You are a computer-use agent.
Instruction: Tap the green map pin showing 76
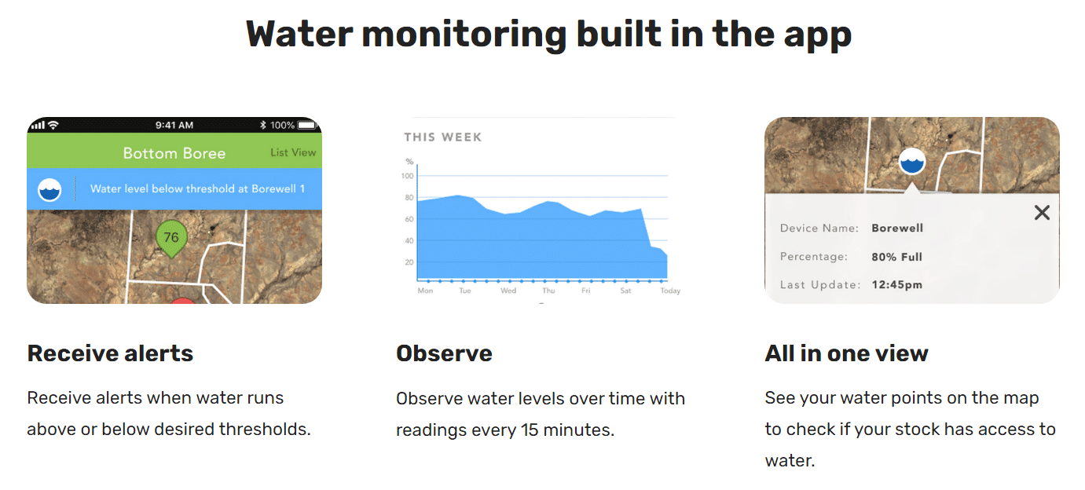tap(171, 238)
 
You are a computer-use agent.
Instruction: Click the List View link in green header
tap(293, 152)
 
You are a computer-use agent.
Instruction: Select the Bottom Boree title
tap(174, 153)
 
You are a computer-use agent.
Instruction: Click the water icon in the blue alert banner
tap(49, 189)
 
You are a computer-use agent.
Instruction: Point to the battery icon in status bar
tap(307, 126)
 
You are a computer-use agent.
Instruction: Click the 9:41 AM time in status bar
tap(174, 126)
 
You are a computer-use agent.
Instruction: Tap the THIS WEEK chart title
tap(443, 137)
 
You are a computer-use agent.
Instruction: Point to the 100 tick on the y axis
tap(407, 176)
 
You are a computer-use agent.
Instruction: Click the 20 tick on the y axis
tap(409, 262)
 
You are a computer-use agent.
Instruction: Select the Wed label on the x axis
tap(508, 291)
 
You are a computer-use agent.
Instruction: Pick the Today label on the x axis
tap(670, 291)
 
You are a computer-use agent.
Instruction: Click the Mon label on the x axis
tap(425, 291)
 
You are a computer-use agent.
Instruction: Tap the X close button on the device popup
tap(1042, 213)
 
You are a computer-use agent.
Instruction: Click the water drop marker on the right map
tap(912, 162)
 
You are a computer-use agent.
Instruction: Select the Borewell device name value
tap(897, 228)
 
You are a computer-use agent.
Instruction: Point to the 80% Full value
tap(897, 257)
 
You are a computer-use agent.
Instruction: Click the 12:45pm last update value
tap(897, 285)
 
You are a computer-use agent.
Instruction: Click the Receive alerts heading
tap(111, 353)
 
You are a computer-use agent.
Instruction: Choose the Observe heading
tap(444, 353)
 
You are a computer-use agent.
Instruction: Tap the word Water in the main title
tap(299, 34)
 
